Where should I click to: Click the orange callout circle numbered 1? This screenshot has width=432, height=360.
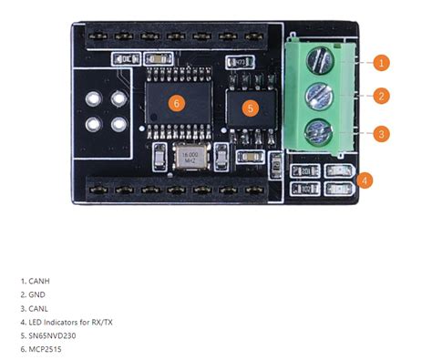382,63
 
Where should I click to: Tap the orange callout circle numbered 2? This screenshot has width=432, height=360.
382,96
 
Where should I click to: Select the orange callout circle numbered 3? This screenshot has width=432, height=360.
382,133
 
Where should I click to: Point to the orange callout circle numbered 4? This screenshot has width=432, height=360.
365,180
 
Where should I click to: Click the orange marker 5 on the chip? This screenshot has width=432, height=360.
253,108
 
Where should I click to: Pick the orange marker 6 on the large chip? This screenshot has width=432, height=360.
177,103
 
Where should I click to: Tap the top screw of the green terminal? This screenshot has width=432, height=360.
317,62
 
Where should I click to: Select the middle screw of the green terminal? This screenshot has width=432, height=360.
317,95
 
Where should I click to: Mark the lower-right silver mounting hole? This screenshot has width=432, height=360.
114,121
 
